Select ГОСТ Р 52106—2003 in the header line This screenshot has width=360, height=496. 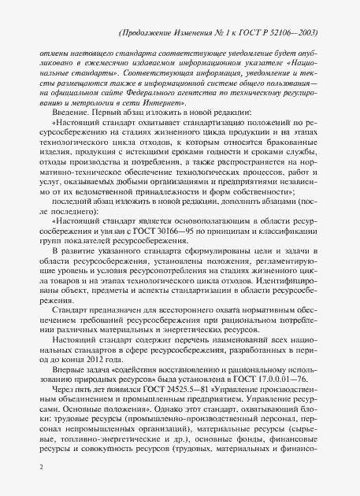280,35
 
